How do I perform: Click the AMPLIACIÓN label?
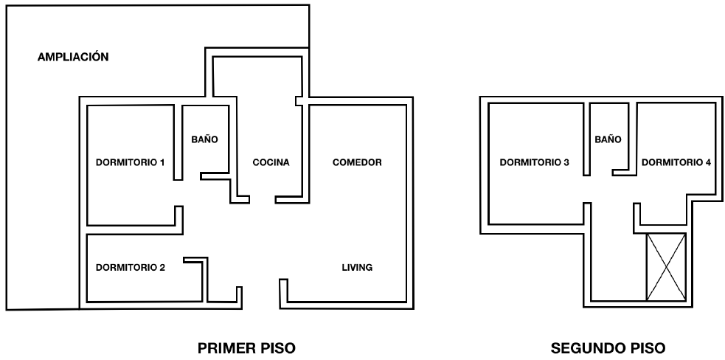pyautogui.click(x=73, y=57)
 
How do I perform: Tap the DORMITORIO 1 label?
pyautogui.click(x=130, y=162)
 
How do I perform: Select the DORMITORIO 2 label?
pyautogui.click(x=131, y=268)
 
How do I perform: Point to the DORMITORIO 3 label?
pyautogui.click(x=534, y=162)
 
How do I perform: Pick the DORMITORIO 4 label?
pyautogui.click(x=676, y=162)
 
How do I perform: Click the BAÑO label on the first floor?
pyautogui.click(x=204, y=139)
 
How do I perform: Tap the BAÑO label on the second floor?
pyautogui.click(x=608, y=139)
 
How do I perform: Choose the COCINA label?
pyautogui.click(x=271, y=162)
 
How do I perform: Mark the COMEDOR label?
pyautogui.click(x=357, y=162)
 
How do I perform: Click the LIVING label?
pyautogui.click(x=357, y=268)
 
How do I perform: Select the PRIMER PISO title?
pyautogui.click(x=246, y=348)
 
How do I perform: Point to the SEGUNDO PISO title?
pyautogui.click(x=608, y=348)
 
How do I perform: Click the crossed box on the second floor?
pyautogui.click(x=666, y=267)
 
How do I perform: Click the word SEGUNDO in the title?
pyautogui.click(x=584, y=348)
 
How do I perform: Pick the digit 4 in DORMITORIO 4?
pyautogui.click(x=708, y=162)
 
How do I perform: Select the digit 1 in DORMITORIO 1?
pyautogui.click(x=162, y=162)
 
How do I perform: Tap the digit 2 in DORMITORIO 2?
pyautogui.click(x=162, y=268)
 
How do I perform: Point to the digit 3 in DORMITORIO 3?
pyautogui.click(x=566, y=162)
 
